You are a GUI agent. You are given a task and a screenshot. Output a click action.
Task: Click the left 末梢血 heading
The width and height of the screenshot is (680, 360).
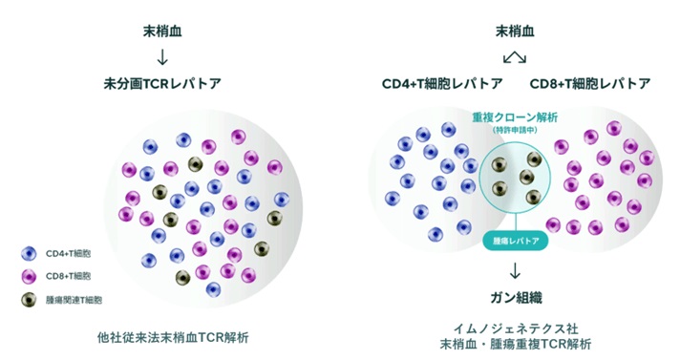point(162,32)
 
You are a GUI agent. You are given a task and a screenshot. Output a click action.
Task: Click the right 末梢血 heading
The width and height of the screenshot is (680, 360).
point(515,32)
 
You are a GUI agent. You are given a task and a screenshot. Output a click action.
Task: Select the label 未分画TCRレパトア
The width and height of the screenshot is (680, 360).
point(162,83)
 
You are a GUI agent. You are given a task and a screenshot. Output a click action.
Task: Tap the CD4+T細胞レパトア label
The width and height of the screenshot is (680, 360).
point(442,83)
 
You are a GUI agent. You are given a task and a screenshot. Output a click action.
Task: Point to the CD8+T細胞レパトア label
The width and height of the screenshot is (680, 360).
point(590,83)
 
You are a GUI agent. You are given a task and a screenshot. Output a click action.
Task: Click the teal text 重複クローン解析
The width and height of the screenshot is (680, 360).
point(515,117)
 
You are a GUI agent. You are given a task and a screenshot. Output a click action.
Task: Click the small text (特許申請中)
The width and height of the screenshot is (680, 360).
point(515,130)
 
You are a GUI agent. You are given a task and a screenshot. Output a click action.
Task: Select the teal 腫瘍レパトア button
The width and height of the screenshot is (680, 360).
point(516,241)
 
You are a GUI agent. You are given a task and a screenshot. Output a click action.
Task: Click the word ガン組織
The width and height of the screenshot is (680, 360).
point(516,298)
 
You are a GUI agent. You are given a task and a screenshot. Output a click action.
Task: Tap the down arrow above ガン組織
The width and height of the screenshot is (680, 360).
point(515,270)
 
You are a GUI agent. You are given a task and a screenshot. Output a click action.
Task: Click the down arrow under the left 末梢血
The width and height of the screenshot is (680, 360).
point(162,57)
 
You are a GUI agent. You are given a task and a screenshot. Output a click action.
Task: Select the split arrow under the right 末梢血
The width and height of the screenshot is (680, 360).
point(515,57)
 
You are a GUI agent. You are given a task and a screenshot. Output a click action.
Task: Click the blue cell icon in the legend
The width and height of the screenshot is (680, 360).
point(29,254)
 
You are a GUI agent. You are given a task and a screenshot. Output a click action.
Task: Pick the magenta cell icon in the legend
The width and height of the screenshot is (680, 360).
point(29,276)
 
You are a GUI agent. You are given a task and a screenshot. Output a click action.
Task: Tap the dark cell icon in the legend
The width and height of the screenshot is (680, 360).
point(29,300)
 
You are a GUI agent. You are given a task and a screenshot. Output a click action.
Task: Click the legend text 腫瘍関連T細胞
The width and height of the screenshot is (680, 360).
point(74,300)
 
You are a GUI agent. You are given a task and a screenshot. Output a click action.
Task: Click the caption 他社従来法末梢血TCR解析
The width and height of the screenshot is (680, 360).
point(173,337)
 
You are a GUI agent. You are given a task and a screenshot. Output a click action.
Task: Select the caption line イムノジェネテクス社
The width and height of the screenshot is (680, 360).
point(516,328)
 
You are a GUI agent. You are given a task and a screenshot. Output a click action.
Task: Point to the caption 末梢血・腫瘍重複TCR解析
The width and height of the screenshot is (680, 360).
point(516,344)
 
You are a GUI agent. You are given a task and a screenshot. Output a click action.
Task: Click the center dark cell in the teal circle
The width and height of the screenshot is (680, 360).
point(526,177)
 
